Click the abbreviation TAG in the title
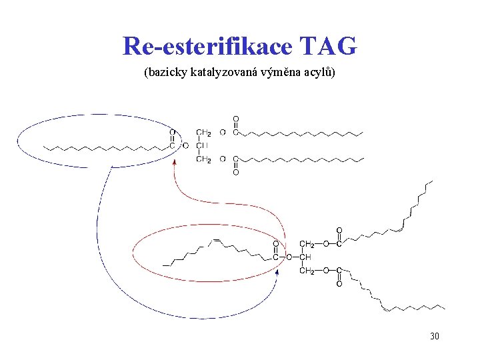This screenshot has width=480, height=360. point(329,47)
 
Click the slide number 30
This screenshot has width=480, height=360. point(434,337)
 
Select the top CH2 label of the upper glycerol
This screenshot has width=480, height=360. point(204,133)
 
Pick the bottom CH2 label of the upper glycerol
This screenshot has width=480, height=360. point(204,159)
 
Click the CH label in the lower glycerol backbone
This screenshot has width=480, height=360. point(306,257)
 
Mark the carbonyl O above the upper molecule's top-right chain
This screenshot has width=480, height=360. point(235,119)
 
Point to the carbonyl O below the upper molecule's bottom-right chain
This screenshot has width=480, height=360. point(235,173)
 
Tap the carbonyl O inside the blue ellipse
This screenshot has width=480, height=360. point(173,133)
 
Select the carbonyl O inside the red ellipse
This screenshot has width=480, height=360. point(275,244)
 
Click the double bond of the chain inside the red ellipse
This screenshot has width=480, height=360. point(215,239)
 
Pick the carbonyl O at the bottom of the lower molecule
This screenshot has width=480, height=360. point(339,284)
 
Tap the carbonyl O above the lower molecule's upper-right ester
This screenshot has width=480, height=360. point(339,231)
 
